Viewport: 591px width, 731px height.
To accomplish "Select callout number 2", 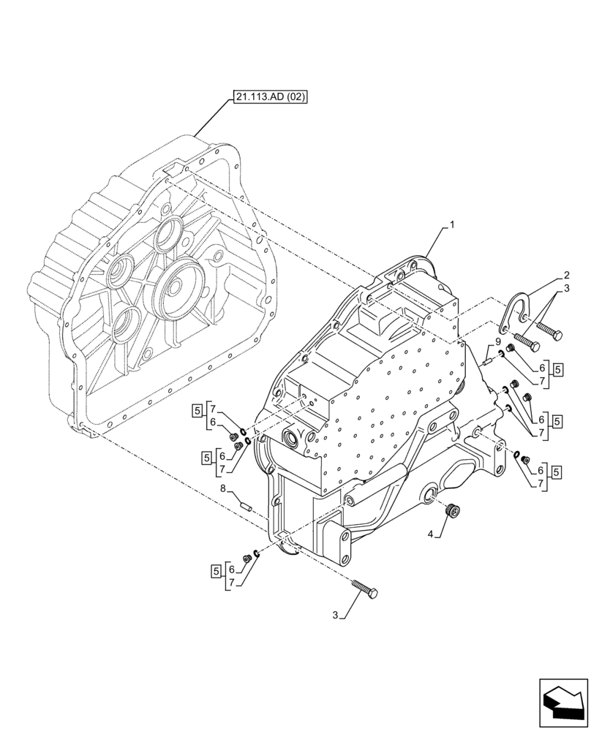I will pos(565,276).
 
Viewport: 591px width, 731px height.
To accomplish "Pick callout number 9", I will pos(497,341).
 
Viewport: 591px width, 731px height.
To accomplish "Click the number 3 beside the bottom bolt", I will pos(336,616).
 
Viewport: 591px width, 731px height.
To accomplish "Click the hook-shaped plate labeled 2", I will pos(518,308).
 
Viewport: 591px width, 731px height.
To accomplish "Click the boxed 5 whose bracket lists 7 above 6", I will pos(197,409).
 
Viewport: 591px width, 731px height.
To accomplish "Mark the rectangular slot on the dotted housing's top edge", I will pos(174,170).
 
